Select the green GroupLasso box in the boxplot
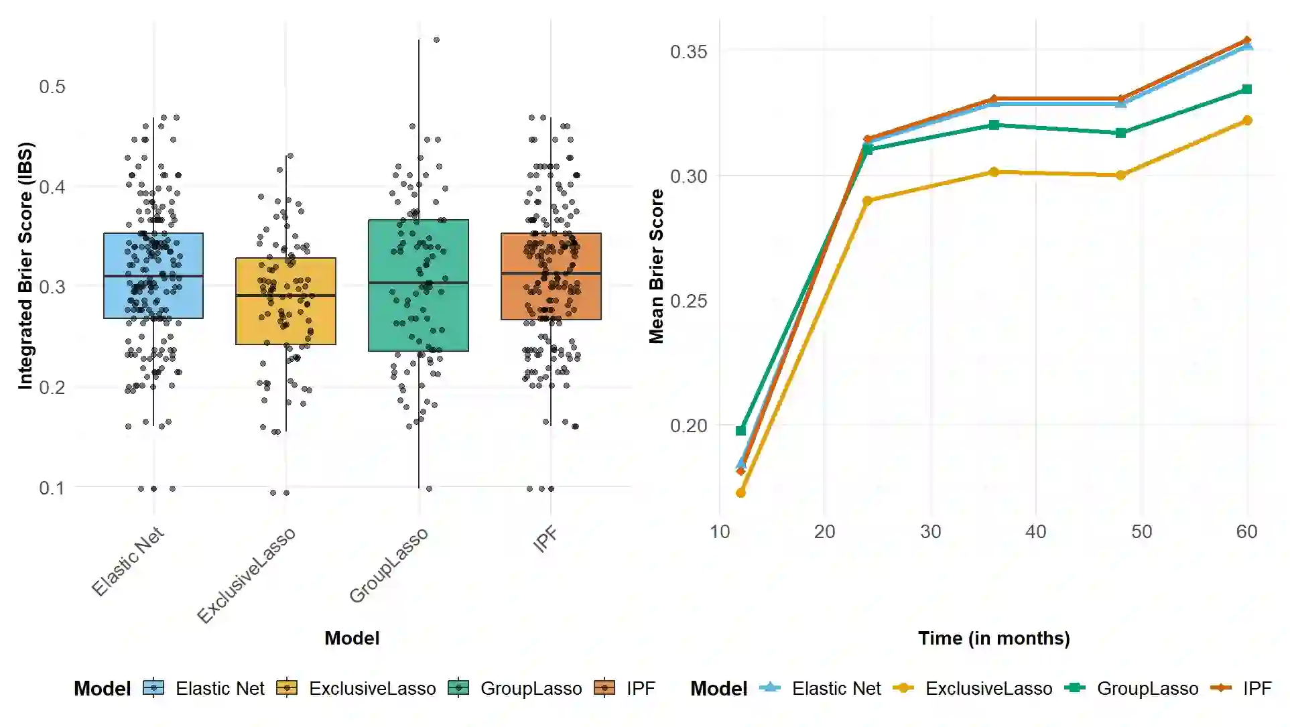418,315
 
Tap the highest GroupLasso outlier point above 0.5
436,40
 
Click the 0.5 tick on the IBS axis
52,86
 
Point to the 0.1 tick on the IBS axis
52,488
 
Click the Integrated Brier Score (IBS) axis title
25,265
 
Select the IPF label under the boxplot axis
545,539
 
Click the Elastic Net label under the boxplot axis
127,561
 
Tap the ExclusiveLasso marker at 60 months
1247,121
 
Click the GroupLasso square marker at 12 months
740,431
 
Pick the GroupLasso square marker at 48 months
1120,133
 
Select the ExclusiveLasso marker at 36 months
994,172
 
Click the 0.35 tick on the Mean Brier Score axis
688,52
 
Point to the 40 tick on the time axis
1035,532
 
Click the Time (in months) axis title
993,639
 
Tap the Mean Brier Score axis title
656,266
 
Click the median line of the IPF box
551,273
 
